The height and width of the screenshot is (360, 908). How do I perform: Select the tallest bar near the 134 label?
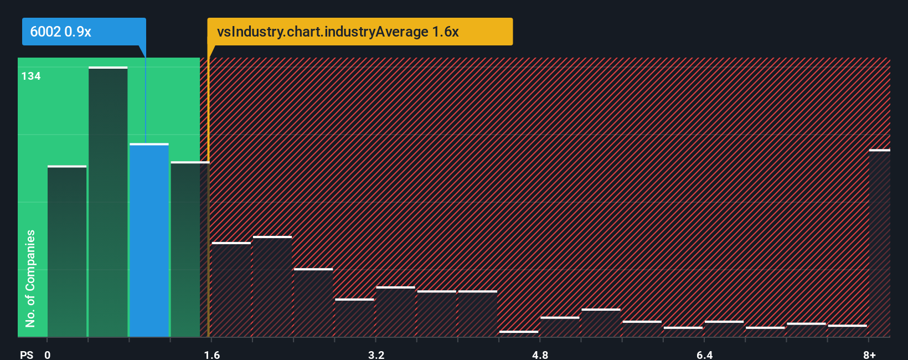point(108,202)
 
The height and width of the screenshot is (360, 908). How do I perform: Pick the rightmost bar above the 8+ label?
point(879,243)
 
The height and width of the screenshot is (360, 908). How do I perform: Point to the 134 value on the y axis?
point(31,76)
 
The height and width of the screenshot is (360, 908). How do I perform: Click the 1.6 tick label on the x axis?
point(212,354)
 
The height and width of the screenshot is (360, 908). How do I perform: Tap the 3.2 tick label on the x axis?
point(376,354)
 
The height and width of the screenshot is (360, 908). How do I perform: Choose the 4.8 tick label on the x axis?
point(540,354)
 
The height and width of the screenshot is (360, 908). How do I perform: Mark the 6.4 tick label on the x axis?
point(704,354)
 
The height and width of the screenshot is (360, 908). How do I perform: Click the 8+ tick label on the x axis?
point(869,354)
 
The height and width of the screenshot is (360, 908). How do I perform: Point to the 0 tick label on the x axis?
point(48,354)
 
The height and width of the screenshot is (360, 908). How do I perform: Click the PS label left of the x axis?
point(27,354)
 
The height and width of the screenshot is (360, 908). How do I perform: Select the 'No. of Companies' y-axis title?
point(30,278)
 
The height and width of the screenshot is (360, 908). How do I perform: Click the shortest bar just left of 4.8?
point(518,333)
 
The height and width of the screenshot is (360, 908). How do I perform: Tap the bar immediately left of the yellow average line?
point(190,249)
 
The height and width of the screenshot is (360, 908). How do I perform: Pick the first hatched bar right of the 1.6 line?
point(231,290)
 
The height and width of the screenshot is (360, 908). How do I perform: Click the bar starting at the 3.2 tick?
point(395,312)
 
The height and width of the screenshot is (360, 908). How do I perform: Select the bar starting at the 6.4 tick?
point(724,329)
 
